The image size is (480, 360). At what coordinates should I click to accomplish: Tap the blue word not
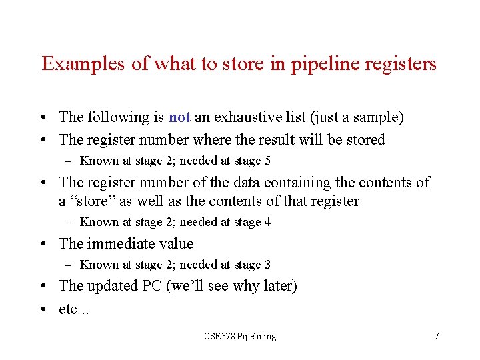(x=179, y=117)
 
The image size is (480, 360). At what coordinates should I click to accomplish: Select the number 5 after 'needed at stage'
(x=267, y=161)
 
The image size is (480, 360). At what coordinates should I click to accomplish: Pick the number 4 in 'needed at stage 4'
(x=267, y=222)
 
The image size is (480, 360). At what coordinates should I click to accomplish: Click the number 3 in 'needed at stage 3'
(x=267, y=265)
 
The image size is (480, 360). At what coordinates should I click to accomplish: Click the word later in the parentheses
(x=276, y=286)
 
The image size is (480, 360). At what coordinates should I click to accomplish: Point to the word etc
(x=67, y=311)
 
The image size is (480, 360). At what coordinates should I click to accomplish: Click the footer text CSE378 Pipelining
(x=240, y=337)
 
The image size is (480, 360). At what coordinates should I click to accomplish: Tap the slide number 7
(x=437, y=337)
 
